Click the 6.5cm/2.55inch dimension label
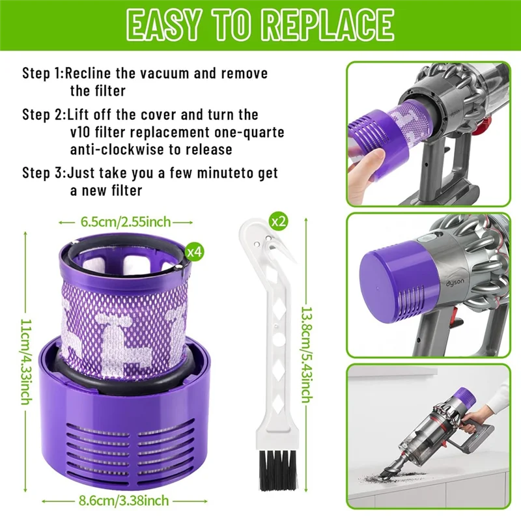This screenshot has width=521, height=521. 126,222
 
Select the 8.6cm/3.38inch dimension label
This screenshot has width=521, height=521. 124,500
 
